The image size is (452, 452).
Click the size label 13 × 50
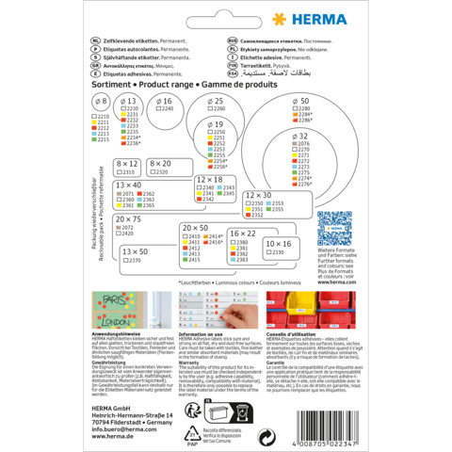pos(135,251)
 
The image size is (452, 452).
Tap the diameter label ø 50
pos(301,100)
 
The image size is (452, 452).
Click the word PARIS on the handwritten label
pos(112,304)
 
